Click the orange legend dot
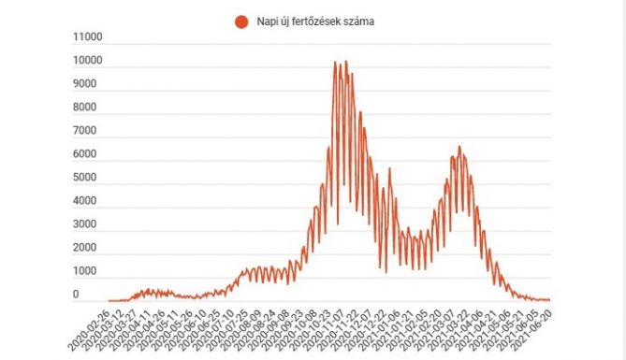(241, 22)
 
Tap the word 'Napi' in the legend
(268, 22)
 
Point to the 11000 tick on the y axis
(89, 38)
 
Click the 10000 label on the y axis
(89, 62)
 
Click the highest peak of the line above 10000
(346, 62)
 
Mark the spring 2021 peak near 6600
(459, 147)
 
